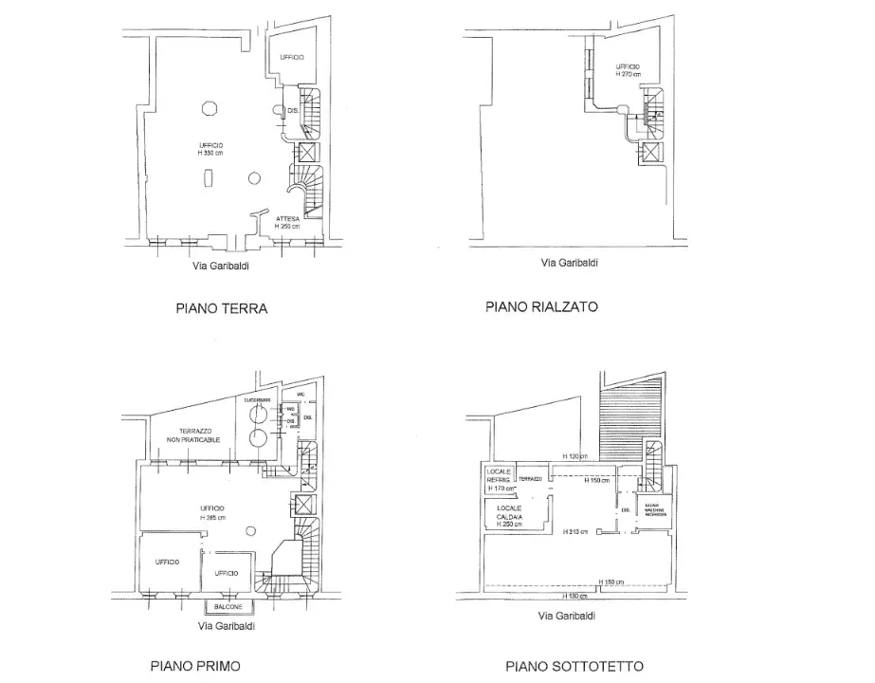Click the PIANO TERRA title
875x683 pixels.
pyautogui.click(x=221, y=308)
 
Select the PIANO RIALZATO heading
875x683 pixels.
pyautogui.click(x=541, y=307)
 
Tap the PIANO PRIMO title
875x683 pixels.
pyautogui.click(x=195, y=666)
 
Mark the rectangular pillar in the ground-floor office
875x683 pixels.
pyautogui.click(x=210, y=179)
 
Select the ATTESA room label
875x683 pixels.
pyautogui.click(x=288, y=219)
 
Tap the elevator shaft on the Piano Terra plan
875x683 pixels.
pyautogui.click(x=307, y=154)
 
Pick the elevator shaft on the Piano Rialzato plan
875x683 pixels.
pyautogui.click(x=651, y=154)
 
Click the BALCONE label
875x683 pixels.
pyautogui.click(x=228, y=606)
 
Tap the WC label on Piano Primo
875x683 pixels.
pyautogui.click(x=301, y=394)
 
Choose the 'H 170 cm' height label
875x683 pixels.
pyautogui.click(x=501, y=488)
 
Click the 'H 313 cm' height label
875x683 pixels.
pyautogui.click(x=575, y=531)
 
